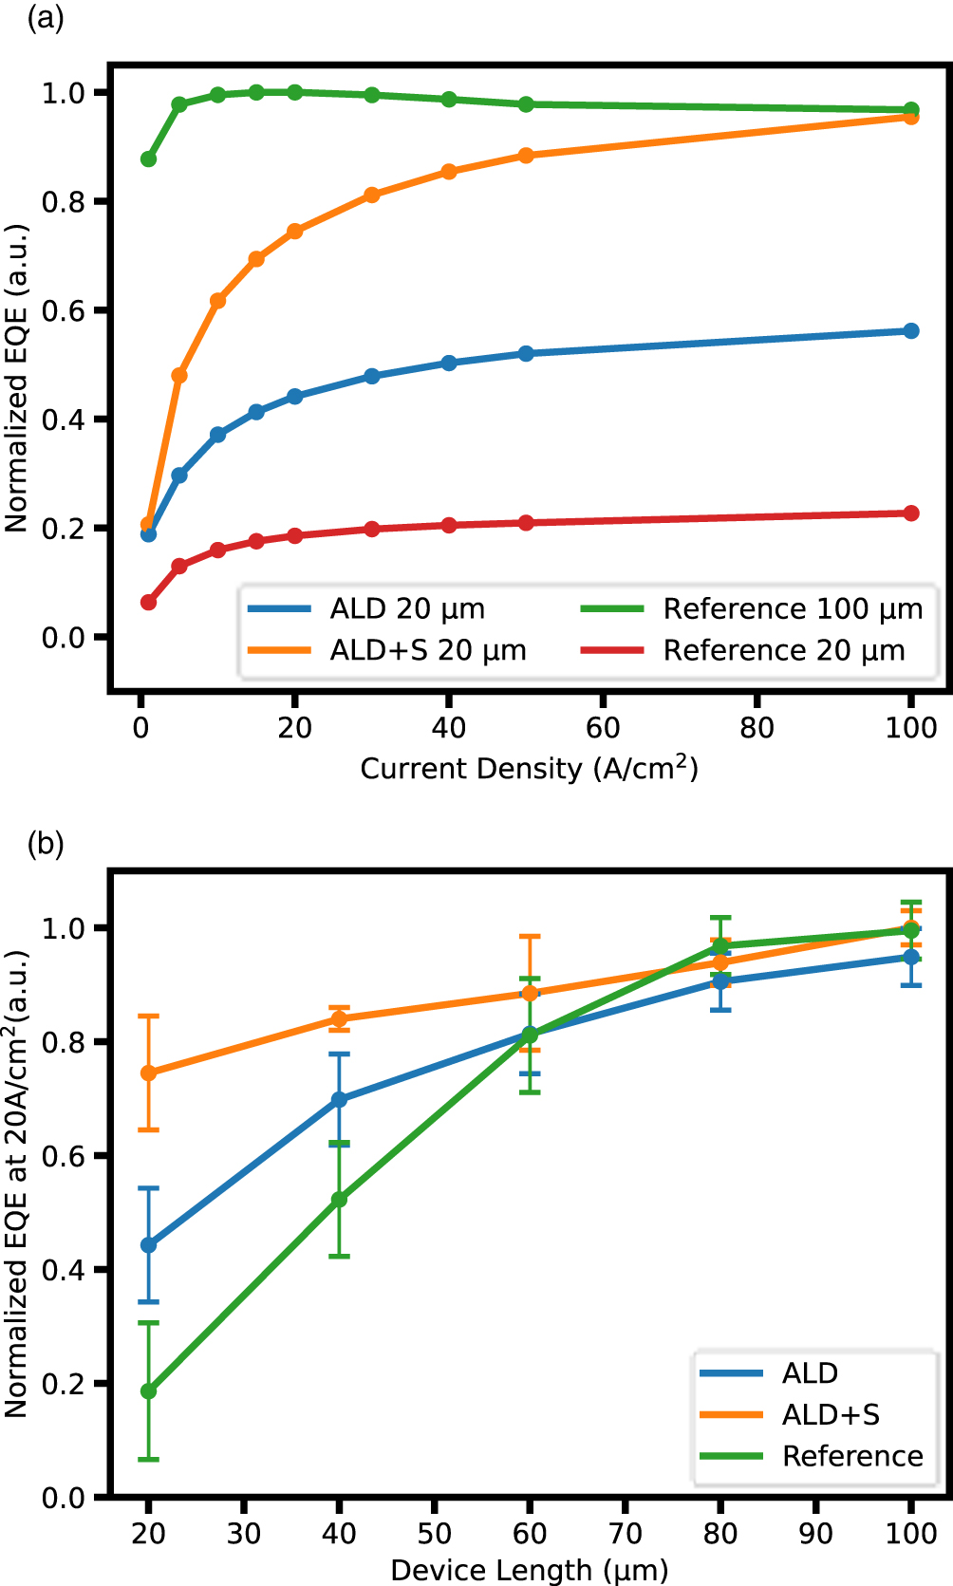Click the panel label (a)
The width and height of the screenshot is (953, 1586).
pyautogui.click(x=46, y=18)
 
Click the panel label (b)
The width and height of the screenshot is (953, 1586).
pyautogui.click(x=46, y=843)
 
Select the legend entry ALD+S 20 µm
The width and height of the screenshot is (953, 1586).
pyautogui.click(x=427, y=651)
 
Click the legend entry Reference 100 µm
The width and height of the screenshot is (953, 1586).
pyautogui.click(x=793, y=609)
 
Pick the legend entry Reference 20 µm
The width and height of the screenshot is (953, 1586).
pyautogui.click(x=783, y=651)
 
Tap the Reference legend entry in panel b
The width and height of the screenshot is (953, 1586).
pyautogui.click(x=851, y=1456)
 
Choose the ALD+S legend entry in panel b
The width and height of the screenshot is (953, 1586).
pyautogui.click(x=831, y=1415)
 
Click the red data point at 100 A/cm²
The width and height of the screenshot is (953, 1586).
pyautogui.click(x=911, y=513)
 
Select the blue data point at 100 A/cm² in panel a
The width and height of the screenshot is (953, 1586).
pyautogui.click(x=911, y=331)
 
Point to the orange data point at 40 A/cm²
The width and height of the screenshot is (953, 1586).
pyautogui.click(x=449, y=172)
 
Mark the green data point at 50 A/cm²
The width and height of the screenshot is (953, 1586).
pyautogui.click(x=526, y=104)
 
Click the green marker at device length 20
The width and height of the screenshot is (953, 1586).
pyautogui.click(x=148, y=1391)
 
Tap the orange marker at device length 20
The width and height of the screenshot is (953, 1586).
pyautogui.click(x=148, y=1073)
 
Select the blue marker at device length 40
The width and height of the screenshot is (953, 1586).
pyautogui.click(x=339, y=1100)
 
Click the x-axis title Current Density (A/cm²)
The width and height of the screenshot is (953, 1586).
pyautogui.click(x=529, y=768)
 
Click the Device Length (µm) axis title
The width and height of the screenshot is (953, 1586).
pyautogui.click(x=529, y=1570)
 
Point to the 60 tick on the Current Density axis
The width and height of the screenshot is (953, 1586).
pyautogui.click(x=603, y=728)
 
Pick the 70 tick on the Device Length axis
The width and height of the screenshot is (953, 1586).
pyautogui.click(x=626, y=1533)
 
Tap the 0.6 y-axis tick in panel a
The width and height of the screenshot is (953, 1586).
pyautogui.click(x=63, y=311)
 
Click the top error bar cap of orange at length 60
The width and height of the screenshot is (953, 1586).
pyautogui.click(x=530, y=937)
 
